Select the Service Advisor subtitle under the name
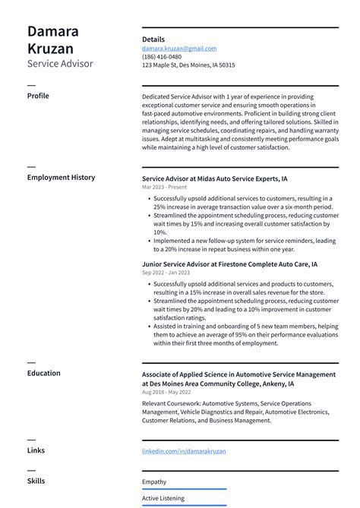pyautogui.click(x=60, y=65)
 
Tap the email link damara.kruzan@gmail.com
pyautogui.click(x=179, y=48)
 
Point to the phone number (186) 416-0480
pyautogui.click(x=162, y=56)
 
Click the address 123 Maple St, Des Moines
pyautogui.click(x=188, y=65)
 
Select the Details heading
pyautogui.click(x=153, y=39)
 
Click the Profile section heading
pyautogui.click(x=38, y=96)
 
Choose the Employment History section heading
pyautogui.click(x=61, y=178)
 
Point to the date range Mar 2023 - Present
pyautogui.click(x=165, y=187)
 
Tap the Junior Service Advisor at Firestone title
pyautogui.click(x=229, y=264)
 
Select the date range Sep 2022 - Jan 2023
pyautogui.click(x=166, y=273)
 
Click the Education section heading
pyautogui.click(x=43, y=374)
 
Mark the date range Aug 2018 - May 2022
pyautogui.click(x=166, y=393)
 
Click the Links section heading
pyautogui.click(x=36, y=450)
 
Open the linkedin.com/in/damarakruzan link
pyautogui.click(x=184, y=451)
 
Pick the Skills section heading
pyautogui.click(x=36, y=481)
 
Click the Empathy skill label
pyautogui.click(x=154, y=481)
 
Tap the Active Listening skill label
pyautogui.click(x=163, y=498)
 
